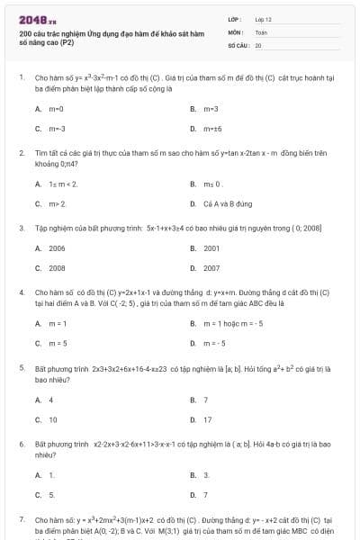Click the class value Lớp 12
[x=263, y=18]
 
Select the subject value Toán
[x=261, y=31]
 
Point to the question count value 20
[x=258, y=44]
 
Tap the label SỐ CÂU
[x=238, y=44]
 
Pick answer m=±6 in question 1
[x=212, y=129]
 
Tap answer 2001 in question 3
[x=211, y=247]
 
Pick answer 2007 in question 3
[x=211, y=268]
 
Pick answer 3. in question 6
[x=207, y=473]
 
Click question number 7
[x=22, y=520]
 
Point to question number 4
[x=22, y=292]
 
